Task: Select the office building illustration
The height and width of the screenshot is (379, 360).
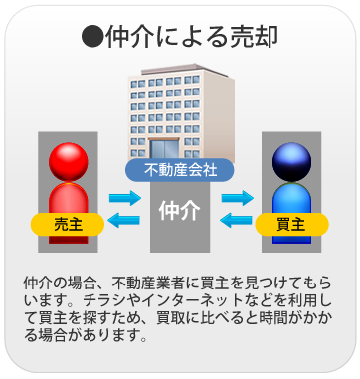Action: [x=179, y=114]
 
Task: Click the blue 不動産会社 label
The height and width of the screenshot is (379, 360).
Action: [x=179, y=170]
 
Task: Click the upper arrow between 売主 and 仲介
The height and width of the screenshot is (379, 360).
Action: [x=125, y=197]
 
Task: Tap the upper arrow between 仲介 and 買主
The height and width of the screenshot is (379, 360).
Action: [x=237, y=197]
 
